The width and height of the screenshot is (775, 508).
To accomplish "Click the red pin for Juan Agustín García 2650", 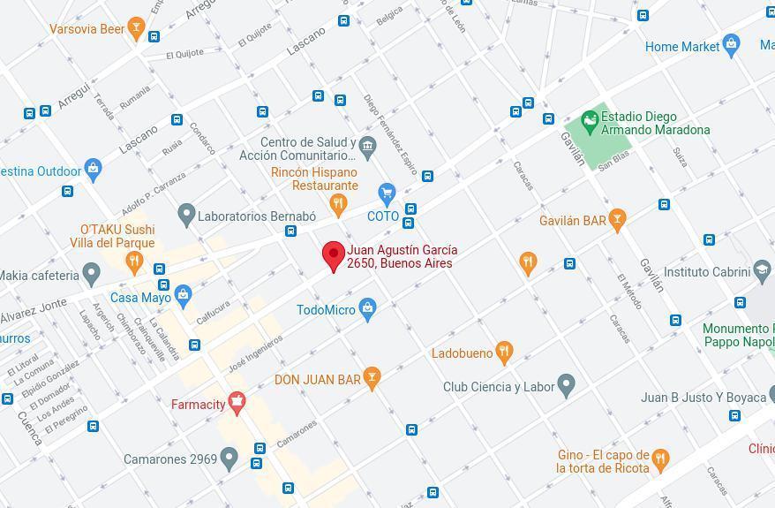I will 333,255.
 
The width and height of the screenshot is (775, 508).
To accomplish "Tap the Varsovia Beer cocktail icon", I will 135,28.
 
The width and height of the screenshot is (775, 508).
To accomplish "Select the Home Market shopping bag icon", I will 730,45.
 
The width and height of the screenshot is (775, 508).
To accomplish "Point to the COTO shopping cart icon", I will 386,193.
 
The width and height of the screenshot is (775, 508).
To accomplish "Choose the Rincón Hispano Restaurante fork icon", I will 338,204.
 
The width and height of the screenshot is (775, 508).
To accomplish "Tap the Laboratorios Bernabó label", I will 256,216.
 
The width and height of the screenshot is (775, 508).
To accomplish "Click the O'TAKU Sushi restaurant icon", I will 133,260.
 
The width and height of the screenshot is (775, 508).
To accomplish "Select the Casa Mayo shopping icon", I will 183,295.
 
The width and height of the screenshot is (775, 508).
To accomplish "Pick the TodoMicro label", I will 326,310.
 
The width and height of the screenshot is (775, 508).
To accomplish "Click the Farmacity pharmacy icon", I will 236,404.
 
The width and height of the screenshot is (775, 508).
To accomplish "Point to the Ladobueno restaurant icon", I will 504,353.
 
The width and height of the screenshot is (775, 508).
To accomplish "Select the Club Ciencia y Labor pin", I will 567,386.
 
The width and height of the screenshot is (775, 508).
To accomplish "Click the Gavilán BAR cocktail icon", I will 617,220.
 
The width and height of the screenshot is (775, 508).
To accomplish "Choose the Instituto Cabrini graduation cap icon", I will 761,271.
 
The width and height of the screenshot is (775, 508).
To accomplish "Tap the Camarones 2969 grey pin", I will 229,459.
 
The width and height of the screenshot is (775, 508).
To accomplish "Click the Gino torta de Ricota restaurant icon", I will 659,459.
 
